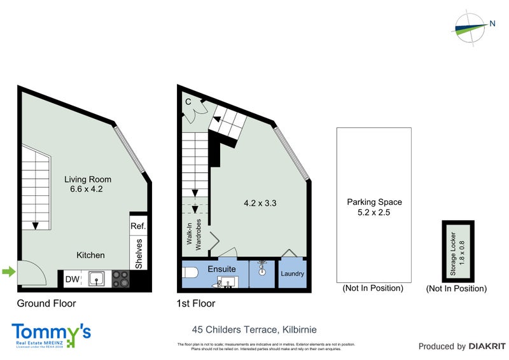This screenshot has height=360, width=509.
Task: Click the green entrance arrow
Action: click(x=8, y=273)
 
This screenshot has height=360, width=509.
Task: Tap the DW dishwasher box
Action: click(x=72, y=278)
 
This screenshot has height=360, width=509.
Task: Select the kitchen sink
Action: click(x=97, y=278)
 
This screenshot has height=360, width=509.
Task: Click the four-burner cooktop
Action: click(x=121, y=279)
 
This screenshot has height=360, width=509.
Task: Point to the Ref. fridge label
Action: click(x=138, y=226)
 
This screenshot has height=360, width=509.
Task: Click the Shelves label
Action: click(x=139, y=253)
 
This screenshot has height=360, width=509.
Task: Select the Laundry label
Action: click(x=293, y=274)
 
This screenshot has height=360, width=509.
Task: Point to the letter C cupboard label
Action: click(x=188, y=102)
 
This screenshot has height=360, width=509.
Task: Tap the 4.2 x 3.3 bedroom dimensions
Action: click(x=260, y=204)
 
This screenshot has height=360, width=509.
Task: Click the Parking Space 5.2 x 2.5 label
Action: click(x=374, y=207)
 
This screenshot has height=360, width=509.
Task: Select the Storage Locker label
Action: click(x=457, y=251)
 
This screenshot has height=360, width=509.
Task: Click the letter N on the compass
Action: click(x=492, y=24)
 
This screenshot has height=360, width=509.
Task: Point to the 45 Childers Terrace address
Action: click(x=254, y=329)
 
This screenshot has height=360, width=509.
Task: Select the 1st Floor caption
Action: click(x=195, y=303)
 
